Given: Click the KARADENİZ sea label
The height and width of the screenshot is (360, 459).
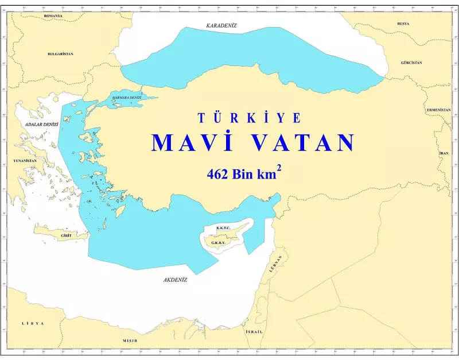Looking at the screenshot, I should point(221,26).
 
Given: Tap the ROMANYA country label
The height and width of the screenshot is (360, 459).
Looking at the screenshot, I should point(53,16).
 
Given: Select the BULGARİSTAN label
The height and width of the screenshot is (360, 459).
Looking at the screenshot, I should point(60,53).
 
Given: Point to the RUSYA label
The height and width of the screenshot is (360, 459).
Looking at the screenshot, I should point(403,24).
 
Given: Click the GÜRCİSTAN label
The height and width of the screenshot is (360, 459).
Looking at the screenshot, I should point(411,62).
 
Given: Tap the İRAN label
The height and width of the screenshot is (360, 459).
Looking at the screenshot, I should point(444,154).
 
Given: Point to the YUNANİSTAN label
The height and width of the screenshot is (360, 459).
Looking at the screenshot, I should point(23,161).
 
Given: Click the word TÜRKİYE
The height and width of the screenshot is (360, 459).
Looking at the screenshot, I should point(249,118).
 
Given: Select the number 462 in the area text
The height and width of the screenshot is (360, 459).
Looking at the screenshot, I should point(218,175).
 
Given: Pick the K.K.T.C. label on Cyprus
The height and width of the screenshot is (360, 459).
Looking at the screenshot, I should point(223,229).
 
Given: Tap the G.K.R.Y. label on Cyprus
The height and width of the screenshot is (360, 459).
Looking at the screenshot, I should point(218,242).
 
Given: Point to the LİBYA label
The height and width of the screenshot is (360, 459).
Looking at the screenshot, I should point(33,324).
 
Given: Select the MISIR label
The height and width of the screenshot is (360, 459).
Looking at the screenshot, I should point(130,340).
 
